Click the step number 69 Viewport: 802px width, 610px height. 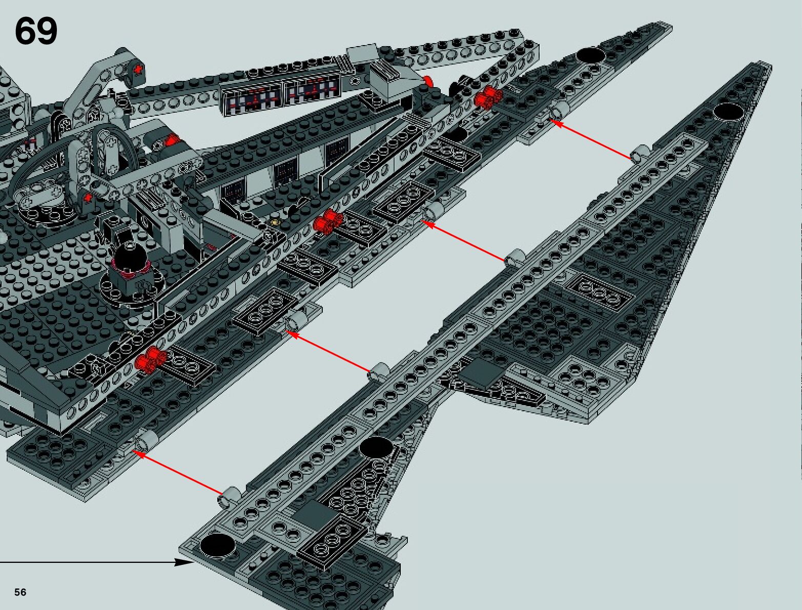pyautogui.click(x=36, y=32)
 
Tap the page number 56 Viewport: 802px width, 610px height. pyautogui.click(x=20, y=592)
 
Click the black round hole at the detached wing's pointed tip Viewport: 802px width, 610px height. pyautogui.click(x=729, y=111)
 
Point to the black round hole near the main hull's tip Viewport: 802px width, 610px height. pyautogui.click(x=590, y=55)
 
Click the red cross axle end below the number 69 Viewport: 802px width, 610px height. pyautogui.click(x=137, y=69)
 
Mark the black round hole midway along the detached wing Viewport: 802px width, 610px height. pyautogui.click(x=377, y=447)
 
